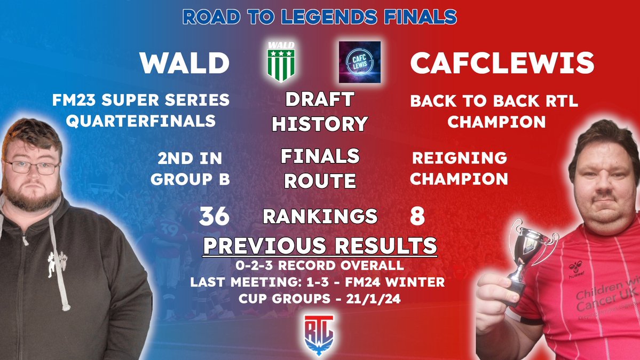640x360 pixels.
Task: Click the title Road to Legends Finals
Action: pos(320,17)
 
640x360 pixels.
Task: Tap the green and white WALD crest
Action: pos(281,61)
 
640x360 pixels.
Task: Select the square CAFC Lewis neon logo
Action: pos(360,61)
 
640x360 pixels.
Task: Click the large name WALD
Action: pos(185,64)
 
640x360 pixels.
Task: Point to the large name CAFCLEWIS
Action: pos(502,64)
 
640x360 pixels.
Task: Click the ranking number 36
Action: pos(215,217)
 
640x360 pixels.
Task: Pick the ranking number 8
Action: pos(417,217)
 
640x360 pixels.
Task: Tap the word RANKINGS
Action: pos(320,217)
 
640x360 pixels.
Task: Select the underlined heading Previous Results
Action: pos(320,246)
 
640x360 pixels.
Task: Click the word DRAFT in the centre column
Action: pos(320,99)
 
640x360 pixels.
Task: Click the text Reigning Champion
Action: pos(459,168)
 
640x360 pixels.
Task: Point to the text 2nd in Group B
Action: pos(190,168)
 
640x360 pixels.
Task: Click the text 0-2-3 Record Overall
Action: pos(320,265)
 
